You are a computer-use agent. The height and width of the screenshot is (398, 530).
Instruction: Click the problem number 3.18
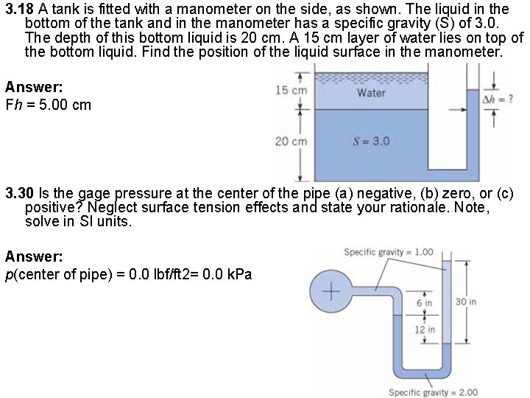[x=20, y=10]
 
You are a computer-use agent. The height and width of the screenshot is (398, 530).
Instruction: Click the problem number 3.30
[x=20, y=195]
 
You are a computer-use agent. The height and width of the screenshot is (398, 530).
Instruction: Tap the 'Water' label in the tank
[x=370, y=93]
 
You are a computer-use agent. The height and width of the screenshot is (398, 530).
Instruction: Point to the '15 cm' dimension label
[x=290, y=90]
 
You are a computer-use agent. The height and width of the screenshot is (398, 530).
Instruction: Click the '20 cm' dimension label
[x=290, y=141]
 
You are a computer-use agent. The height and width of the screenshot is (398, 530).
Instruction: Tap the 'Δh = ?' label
[x=497, y=98]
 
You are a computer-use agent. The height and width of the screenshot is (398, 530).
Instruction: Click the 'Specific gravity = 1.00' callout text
[x=389, y=252]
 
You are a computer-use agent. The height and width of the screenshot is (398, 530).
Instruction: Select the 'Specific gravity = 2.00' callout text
[x=434, y=392]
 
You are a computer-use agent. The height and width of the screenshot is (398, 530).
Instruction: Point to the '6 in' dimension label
[x=424, y=303]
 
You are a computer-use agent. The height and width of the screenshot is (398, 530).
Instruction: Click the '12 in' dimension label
[x=424, y=329]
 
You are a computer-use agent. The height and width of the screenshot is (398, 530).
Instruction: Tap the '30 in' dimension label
[x=465, y=301]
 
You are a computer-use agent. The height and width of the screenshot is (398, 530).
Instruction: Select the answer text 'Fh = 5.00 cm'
[x=48, y=105]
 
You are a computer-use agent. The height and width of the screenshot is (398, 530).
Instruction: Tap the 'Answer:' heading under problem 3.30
[x=34, y=256]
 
